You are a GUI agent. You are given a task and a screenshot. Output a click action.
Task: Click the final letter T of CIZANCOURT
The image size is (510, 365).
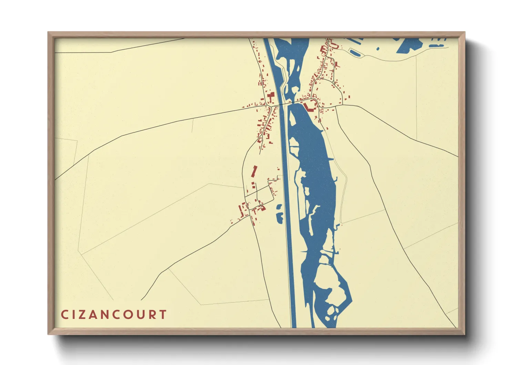163,315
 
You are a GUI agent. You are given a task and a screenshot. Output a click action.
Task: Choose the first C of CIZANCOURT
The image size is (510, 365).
64,315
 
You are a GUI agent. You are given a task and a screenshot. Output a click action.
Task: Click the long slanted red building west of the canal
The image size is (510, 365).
255,171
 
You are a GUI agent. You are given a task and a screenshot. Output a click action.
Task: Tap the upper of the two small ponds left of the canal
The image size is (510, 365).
279,207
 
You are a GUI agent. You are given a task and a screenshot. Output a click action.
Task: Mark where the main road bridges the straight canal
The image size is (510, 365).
284,104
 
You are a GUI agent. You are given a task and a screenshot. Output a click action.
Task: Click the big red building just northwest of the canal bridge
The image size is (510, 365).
271,96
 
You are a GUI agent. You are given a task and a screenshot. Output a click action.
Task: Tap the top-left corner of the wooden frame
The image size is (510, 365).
48,32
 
